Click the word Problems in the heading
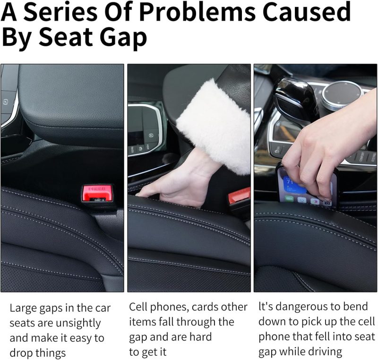pyautogui.click(x=197, y=12)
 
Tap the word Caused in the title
pyautogui.click(x=306, y=12)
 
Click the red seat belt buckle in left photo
pyautogui.click(x=97, y=193)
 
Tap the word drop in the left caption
pyautogui.click(x=21, y=353)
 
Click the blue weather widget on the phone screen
pyautogui.click(x=292, y=183)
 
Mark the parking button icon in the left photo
pyautogui.click(x=5, y=102)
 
